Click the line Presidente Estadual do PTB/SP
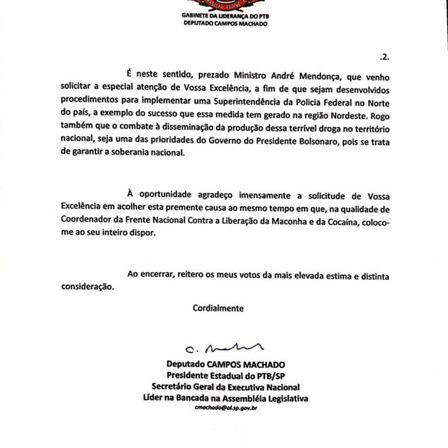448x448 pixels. click(x=224, y=375)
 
